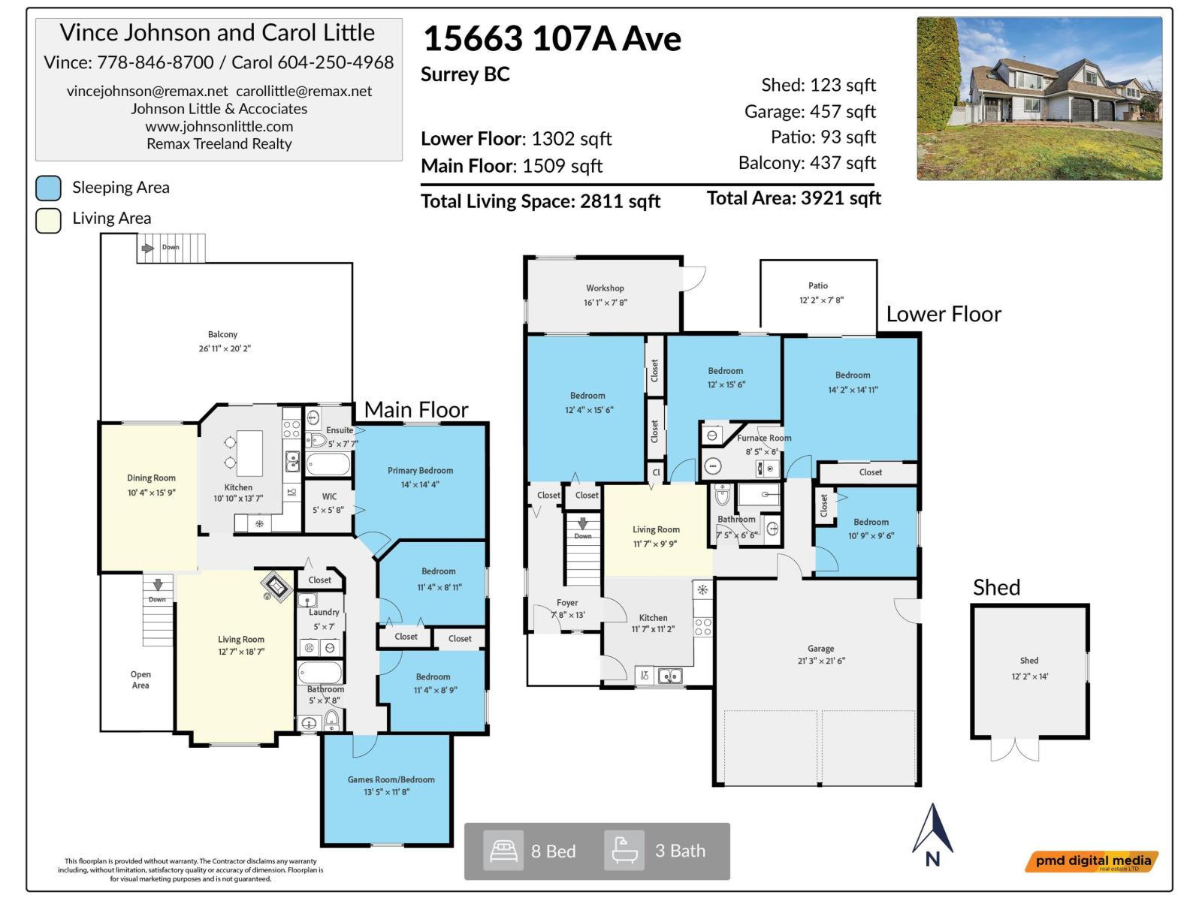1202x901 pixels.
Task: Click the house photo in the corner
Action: tap(1039, 98)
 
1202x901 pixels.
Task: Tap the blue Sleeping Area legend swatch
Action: tap(49, 188)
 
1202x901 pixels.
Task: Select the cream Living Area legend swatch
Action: tap(49, 221)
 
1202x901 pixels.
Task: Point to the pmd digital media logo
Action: tap(1092, 861)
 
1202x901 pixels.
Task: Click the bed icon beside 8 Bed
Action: tap(503, 851)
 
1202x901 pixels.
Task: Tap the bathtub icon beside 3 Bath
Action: tap(624, 851)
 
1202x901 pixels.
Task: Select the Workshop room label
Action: tap(605, 288)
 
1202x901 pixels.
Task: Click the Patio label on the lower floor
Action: tap(818, 286)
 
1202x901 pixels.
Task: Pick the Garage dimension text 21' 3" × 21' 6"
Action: tap(820, 661)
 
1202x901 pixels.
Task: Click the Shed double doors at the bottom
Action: tap(1015, 749)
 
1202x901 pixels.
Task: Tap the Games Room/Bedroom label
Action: tap(391, 779)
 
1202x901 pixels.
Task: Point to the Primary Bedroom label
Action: tap(420, 471)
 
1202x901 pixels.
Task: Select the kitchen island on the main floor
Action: tap(249, 453)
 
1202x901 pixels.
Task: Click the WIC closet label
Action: tap(329, 496)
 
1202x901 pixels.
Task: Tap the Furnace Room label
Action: tap(764, 438)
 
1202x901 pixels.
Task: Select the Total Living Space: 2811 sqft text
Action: tap(540, 201)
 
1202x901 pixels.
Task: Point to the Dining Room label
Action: tap(151, 478)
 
